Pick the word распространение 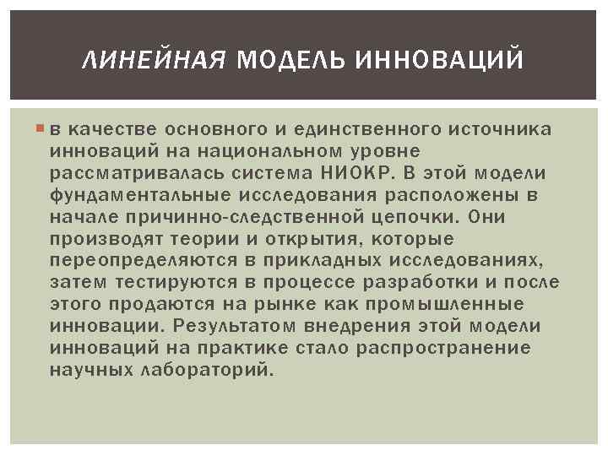453,348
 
